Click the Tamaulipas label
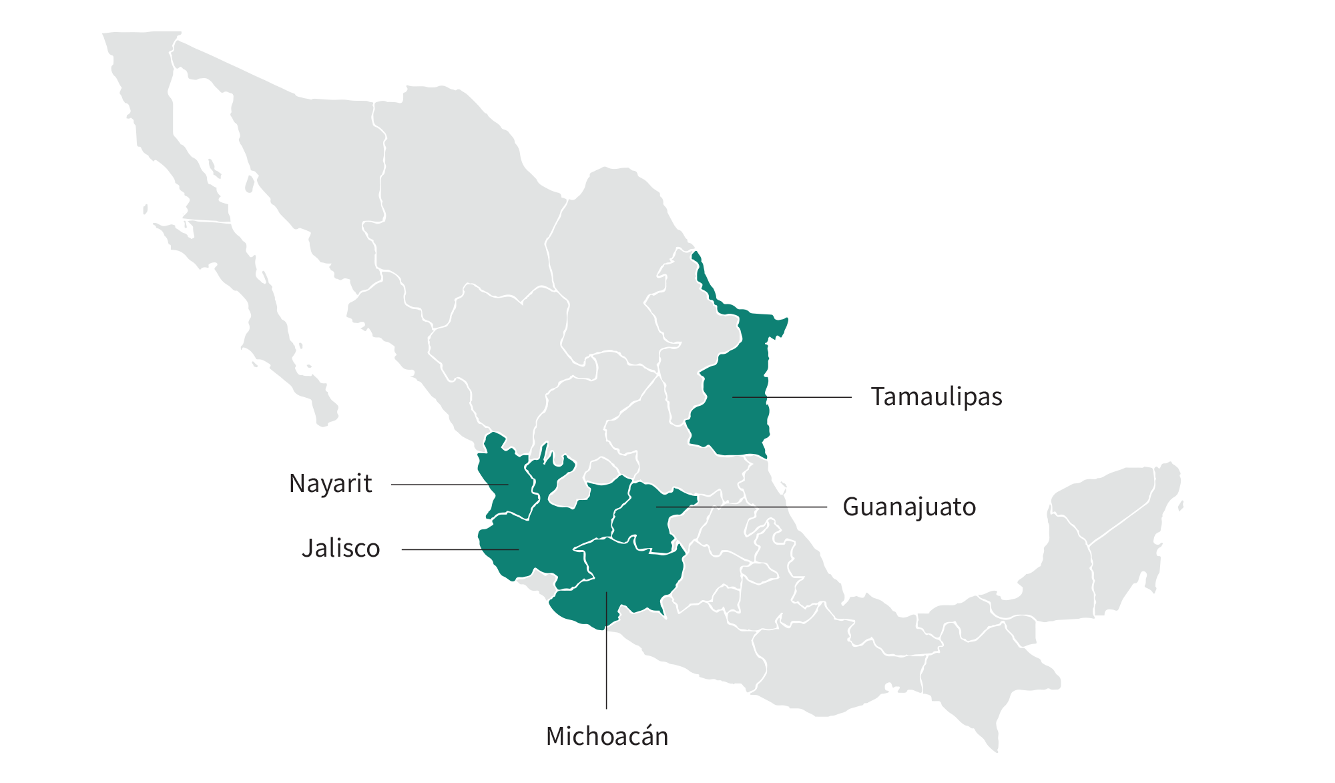(x=936, y=397)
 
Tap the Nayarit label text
(x=330, y=484)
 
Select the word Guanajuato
(x=909, y=507)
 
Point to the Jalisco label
(x=340, y=549)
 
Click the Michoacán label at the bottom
(x=607, y=736)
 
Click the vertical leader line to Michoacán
(x=606, y=668)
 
